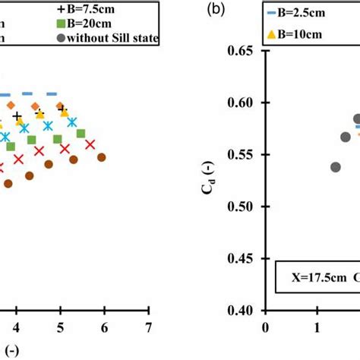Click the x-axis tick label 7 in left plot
(x=149, y=327)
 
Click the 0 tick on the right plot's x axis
(x=265, y=327)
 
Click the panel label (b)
(x=215, y=11)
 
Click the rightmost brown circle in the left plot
(x=100, y=157)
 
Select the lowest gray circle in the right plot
(x=336, y=167)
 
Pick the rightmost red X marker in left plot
(x=90, y=144)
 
